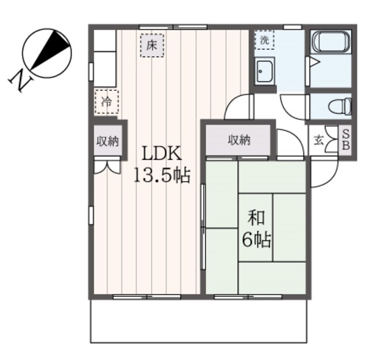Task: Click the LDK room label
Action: (162, 153)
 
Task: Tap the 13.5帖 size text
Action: (162, 175)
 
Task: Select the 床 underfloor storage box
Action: (152, 45)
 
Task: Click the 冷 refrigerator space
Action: (106, 102)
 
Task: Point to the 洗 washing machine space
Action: (265, 40)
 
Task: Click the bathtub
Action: (331, 42)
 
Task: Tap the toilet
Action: (341, 106)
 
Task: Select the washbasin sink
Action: (265, 71)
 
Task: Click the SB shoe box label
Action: (346, 140)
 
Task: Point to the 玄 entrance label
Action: (318, 141)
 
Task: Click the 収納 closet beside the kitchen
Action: (108, 141)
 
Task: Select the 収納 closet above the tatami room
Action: (238, 140)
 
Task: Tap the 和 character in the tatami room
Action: (256, 217)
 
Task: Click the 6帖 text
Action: (256, 240)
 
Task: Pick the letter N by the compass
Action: (21, 80)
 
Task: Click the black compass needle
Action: (50, 50)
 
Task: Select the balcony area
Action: (199, 321)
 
